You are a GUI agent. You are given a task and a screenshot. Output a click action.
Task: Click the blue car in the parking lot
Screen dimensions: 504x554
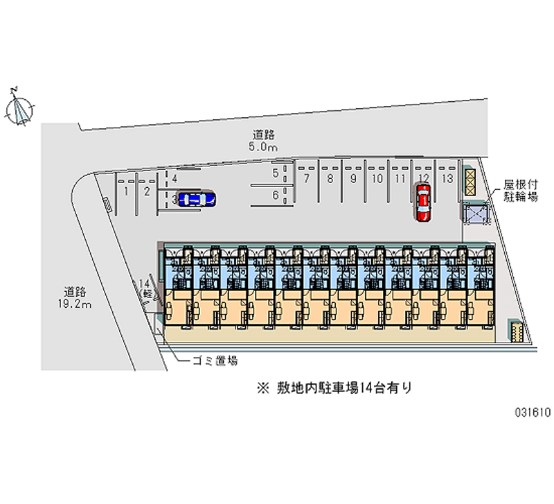[197, 200]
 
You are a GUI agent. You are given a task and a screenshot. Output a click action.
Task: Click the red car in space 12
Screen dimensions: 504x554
[422, 202]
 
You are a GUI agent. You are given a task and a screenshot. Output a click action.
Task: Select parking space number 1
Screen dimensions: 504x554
[126, 191]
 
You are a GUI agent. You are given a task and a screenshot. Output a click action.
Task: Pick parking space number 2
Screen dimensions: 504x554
[147, 191]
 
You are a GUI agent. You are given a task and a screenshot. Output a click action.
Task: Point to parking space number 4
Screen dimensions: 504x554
[175, 179]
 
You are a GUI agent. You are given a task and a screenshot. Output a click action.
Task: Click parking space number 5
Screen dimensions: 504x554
[275, 173]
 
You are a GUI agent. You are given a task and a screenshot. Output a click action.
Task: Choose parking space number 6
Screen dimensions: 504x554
[275, 196]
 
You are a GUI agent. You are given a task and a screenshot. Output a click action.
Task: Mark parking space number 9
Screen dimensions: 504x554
[353, 179]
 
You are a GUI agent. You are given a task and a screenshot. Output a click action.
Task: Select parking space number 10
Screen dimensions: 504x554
[377, 179]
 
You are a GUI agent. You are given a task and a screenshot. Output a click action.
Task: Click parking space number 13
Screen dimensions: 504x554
[447, 179]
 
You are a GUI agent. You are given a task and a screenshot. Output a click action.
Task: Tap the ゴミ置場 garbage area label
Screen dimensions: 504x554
[215, 360]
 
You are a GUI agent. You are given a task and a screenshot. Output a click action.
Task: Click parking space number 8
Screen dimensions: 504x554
[330, 179]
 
